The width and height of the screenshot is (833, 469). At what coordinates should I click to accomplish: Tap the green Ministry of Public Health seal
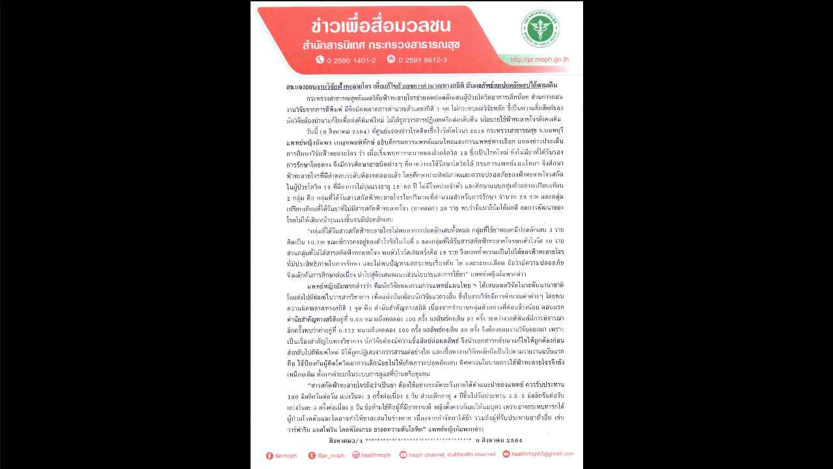(539, 28)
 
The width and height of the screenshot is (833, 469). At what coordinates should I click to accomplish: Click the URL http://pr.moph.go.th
(539, 60)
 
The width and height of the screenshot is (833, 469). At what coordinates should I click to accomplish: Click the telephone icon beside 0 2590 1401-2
(320, 59)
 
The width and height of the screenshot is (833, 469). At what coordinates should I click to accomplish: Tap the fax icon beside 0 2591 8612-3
(390, 59)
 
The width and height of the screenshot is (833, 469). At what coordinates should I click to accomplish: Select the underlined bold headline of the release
(422, 86)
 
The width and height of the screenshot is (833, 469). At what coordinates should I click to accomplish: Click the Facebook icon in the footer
(269, 455)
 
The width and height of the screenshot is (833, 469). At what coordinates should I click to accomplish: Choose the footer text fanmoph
(286, 455)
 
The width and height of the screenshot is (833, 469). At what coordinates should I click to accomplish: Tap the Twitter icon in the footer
(312, 455)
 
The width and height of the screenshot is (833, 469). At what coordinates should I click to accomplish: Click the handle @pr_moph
(331, 455)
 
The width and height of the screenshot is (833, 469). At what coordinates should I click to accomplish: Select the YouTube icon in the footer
(403, 455)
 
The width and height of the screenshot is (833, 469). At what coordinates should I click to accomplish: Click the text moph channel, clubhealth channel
(452, 455)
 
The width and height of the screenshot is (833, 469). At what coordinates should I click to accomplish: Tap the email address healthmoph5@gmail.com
(541, 454)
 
